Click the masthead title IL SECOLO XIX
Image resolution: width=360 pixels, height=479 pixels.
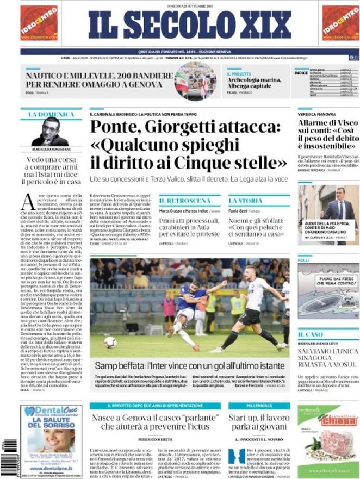click(190, 24)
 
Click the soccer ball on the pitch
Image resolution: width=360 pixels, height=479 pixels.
click(110, 342)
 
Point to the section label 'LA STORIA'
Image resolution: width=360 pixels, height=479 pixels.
click(245, 201)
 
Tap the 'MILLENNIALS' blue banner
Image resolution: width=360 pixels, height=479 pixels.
click(258, 406)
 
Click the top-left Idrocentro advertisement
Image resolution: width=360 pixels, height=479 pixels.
click(39, 23)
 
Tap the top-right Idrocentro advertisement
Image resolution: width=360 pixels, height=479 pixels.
click(340, 23)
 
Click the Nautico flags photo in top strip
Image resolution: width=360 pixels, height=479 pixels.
click(195, 81)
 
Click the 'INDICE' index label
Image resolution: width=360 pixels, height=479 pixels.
click(301, 72)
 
